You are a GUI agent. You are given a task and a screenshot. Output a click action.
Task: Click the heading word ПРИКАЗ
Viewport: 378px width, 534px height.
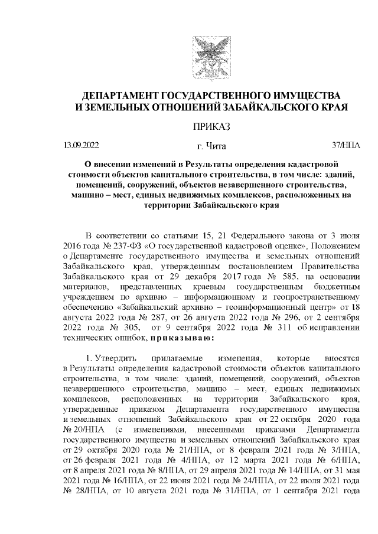coord(211,126)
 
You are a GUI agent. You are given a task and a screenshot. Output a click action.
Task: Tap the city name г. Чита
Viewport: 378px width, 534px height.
coord(211,146)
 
